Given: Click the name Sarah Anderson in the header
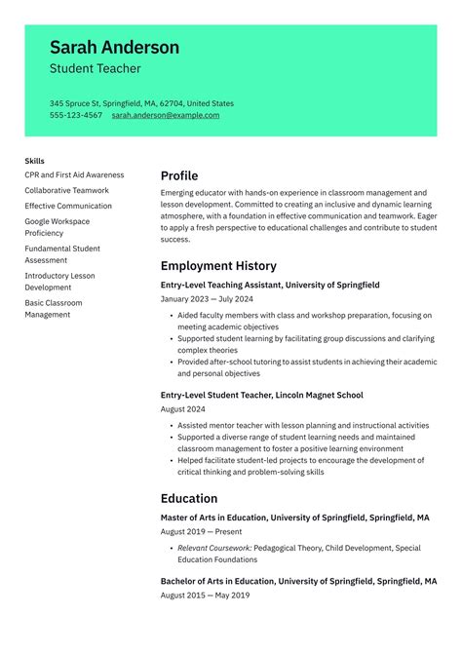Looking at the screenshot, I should pyautogui.click(x=114, y=47).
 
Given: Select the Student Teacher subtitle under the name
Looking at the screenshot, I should pyautogui.click(x=95, y=69).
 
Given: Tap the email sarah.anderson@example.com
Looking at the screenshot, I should pyautogui.click(x=165, y=115).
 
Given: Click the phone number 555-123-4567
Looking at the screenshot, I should pyautogui.click(x=76, y=115).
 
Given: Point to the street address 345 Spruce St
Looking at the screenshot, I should pyautogui.click(x=78, y=103).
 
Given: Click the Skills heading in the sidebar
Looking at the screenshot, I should pyautogui.click(x=35, y=161).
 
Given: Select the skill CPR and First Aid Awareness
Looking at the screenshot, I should pyautogui.click(x=74, y=174).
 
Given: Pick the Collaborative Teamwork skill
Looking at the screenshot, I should pyautogui.click(x=66, y=190).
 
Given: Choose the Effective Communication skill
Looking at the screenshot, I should pyautogui.click(x=68, y=206).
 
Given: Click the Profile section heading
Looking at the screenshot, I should pyautogui.click(x=179, y=176).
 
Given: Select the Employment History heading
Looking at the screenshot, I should pyautogui.click(x=218, y=266).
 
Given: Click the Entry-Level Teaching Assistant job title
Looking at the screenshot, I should pyautogui.click(x=270, y=285).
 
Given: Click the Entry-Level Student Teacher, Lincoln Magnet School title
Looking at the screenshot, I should pyautogui.click(x=261, y=395).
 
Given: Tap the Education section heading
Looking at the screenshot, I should pyautogui.click(x=188, y=498).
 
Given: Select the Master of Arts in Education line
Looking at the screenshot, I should pyautogui.click(x=294, y=518).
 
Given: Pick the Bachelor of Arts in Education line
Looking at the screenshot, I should pyautogui.click(x=298, y=581).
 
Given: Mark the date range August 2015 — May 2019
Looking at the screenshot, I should pyautogui.click(x=205, y=595).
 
